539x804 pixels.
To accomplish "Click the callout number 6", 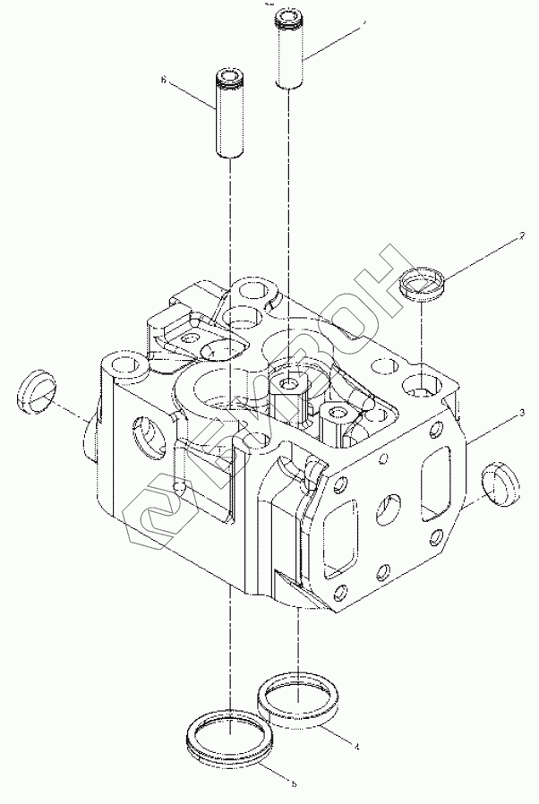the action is click(x=164, y=80).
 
